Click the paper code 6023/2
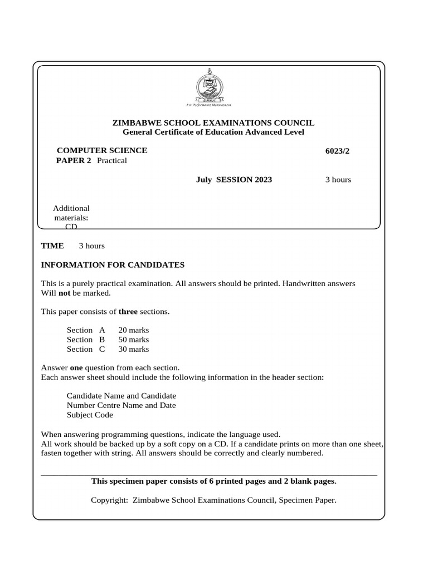pos(337,151)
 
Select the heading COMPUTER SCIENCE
pos(103,150)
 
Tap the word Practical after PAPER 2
pos(112,161)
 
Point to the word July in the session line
pos(204,180)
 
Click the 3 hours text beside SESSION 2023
pos(338,180)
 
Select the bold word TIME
pos(52,246)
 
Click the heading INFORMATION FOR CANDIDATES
pos(113,265)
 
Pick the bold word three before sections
pos(128,312)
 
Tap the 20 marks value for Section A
pos(134,330)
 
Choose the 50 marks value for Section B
pos(134,340)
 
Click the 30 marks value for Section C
pos(134,349)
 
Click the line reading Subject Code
pos(90,415)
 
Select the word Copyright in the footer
pos(109,500)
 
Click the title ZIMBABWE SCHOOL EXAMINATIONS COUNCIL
pos(213,122)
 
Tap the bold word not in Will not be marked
pos(64,293)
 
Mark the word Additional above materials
pos(71,208)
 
